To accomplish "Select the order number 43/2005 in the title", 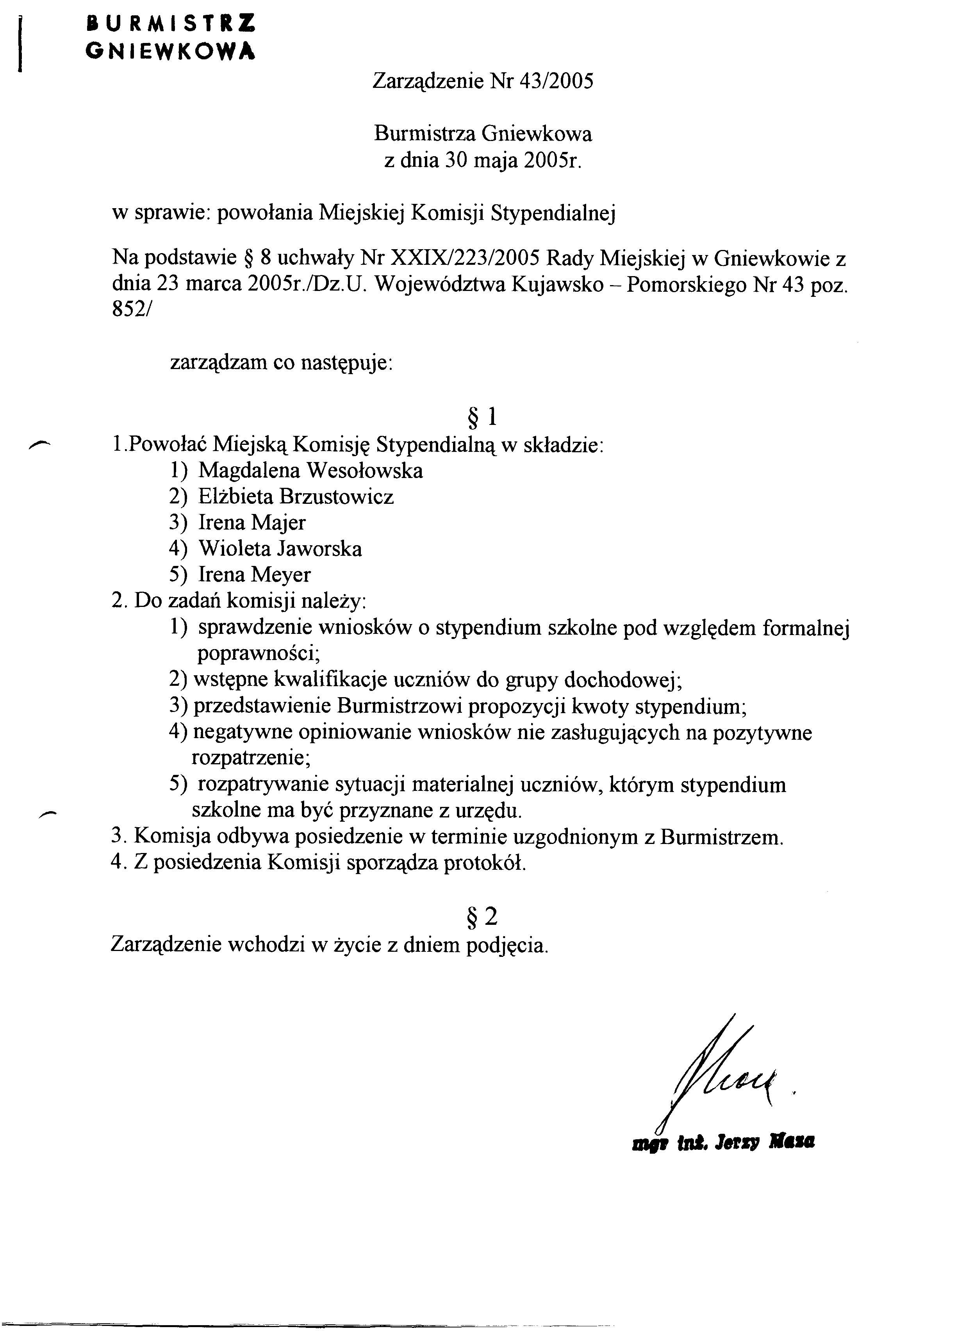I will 556,81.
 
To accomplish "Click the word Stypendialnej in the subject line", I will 553,213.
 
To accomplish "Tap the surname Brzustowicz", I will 336,496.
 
